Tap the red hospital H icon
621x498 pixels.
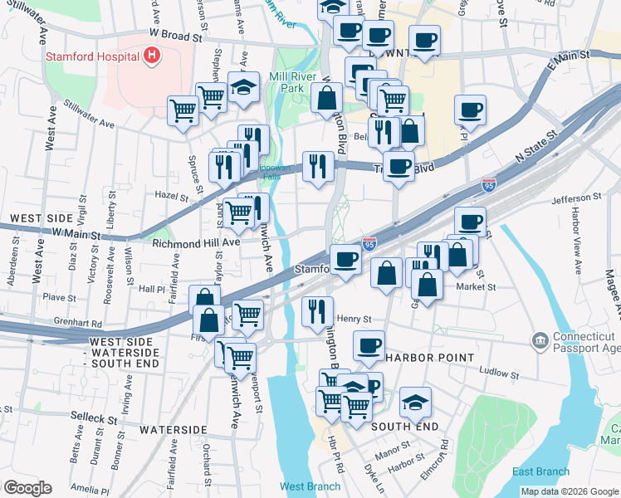(x=151, y=56)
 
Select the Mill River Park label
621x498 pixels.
(x=290, y=82)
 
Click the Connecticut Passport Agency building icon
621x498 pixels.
(x=540, y=340)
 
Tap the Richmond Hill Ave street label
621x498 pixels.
(x=195, y=243)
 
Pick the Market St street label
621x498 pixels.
(x=476, y=286)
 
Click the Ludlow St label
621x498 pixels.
(x=501, y=373)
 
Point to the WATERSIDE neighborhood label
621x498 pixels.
(x=173, y=430)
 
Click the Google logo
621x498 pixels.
(x=27, y=488)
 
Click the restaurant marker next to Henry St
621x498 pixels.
(x=316, y=311)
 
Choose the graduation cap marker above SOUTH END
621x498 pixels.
(x=414, y=403)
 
